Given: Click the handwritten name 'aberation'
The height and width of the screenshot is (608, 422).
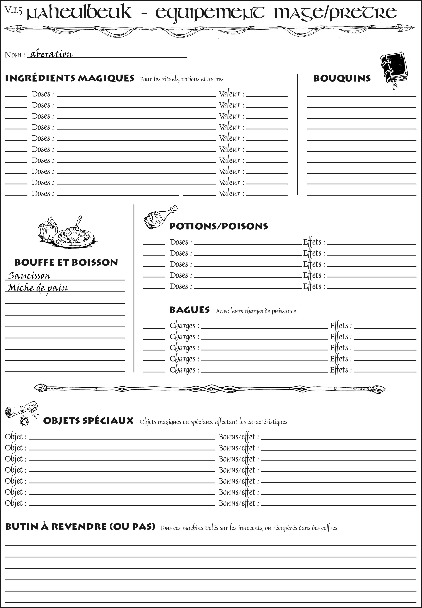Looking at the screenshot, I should pyautogui.click(x=51, y=54).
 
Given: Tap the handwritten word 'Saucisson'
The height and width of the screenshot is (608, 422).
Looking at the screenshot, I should pyautogui.click(x=29, y=275).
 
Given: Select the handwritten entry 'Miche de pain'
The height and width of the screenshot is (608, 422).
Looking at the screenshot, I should pyautogui.click(x=38, y=288).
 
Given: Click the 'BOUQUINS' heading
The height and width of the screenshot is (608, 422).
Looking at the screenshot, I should pyautogui.click(x=342, y=78).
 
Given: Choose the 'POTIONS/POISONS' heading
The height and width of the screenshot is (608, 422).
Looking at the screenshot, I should pyautogui.click(x=218, y=226).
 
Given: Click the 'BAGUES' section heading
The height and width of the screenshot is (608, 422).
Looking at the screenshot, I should pyautogui.click(x=189, y=310).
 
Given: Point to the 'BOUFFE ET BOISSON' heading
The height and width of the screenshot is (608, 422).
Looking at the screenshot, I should pyautogui.click(x=66, y=262).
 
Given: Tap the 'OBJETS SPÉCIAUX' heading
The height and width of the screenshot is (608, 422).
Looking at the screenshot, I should pyautogui.click(x=88, y=421).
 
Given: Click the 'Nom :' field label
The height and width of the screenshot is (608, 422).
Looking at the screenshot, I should pyautogui.click(x=15, y=55).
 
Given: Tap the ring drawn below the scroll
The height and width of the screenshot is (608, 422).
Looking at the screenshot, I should pyautogui.click(x=24, y=420).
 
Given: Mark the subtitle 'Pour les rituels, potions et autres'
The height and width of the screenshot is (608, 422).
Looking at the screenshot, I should pyautogui.click(x=182, y=79).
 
